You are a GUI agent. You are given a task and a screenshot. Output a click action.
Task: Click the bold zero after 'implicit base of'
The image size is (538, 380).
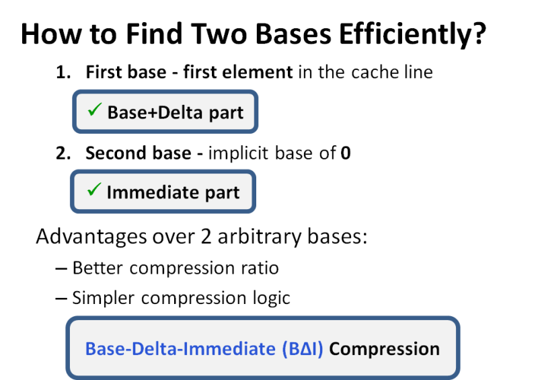coord(346,153)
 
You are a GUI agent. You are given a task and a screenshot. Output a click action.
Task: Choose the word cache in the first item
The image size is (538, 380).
coord(373,72)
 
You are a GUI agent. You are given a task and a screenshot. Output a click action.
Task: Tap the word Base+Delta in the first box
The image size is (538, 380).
coord(146,112)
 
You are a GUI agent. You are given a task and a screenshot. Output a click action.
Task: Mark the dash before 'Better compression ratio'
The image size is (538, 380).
coord(61,268)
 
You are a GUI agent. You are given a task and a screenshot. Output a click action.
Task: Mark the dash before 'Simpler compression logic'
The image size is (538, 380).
coord(61,297)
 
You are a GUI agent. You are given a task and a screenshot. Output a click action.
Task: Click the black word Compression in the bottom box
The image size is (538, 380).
coord(384,350)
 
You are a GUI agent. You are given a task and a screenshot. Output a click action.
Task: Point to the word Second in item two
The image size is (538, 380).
coord(112,153)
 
